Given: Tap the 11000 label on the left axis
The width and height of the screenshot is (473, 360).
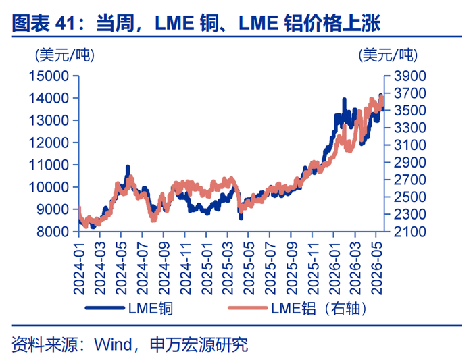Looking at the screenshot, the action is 49,165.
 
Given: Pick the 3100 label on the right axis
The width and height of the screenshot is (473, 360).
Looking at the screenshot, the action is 410,145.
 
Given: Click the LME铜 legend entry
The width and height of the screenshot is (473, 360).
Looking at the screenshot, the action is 129,308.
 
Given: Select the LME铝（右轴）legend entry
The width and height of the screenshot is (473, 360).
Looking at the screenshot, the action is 297,308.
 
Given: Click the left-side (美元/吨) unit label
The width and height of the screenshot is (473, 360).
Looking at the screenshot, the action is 65,55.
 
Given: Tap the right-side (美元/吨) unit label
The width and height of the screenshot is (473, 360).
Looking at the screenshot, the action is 388,55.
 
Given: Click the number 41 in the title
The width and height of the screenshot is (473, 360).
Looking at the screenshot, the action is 65,23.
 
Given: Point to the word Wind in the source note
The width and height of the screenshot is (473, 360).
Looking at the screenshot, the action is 113,344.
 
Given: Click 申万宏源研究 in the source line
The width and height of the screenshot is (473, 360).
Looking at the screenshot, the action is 199,344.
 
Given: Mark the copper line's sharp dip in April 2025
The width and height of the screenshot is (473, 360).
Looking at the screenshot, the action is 241,217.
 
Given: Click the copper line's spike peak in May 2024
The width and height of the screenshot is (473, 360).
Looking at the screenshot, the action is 128,167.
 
